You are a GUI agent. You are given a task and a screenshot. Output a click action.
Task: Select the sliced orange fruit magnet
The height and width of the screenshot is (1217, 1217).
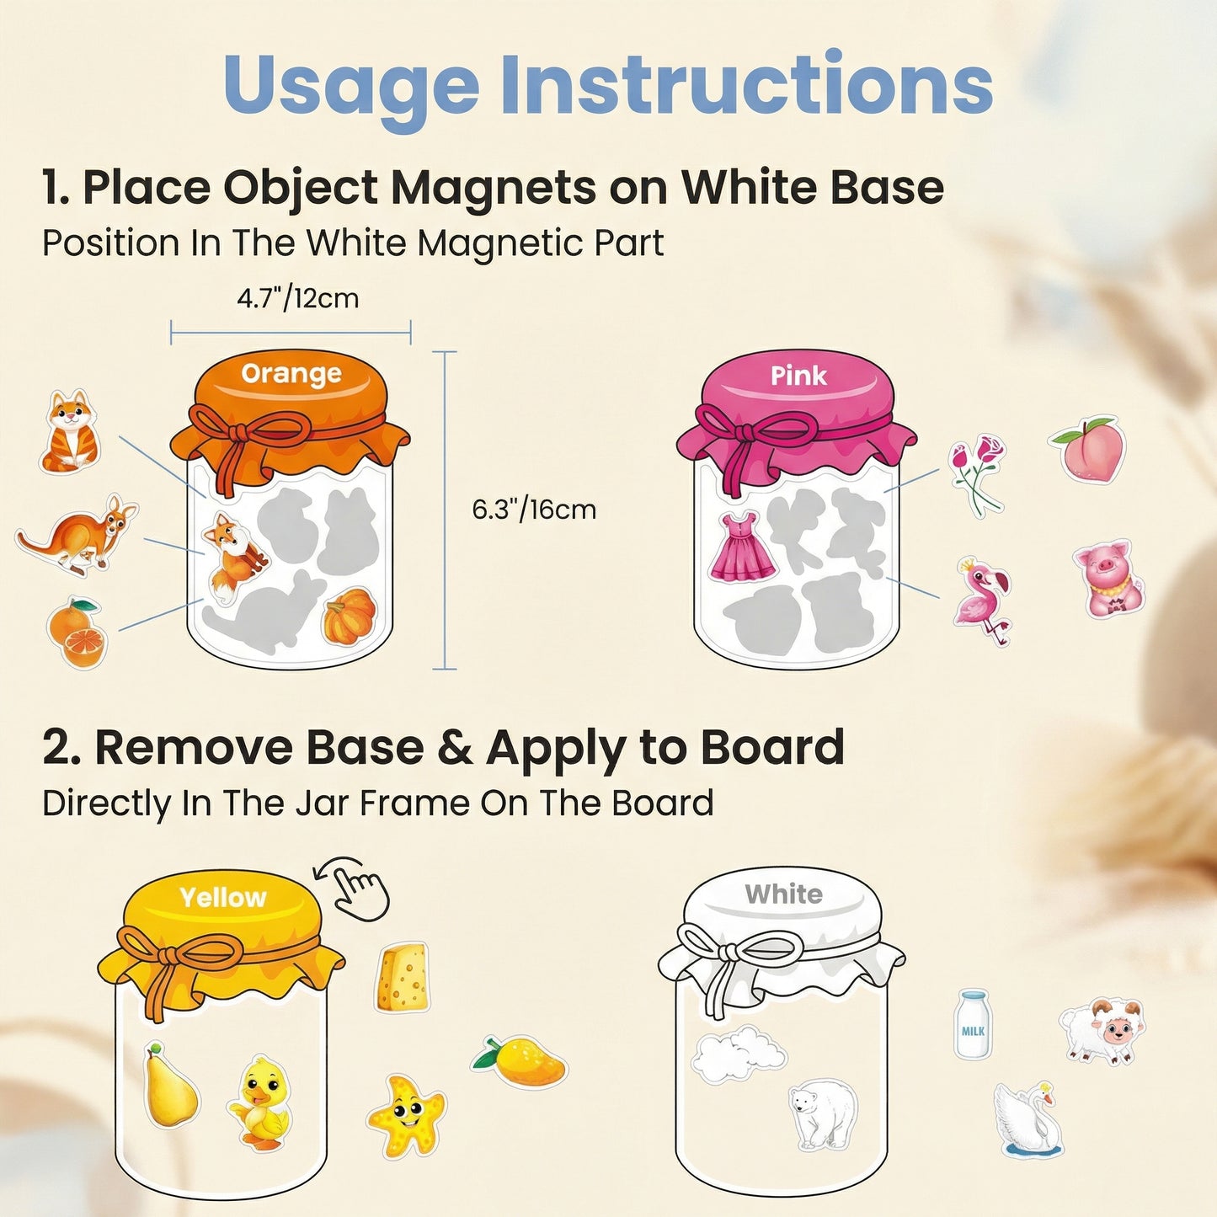coord(77,633)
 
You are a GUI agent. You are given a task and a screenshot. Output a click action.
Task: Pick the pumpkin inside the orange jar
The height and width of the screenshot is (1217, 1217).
coord(350,617)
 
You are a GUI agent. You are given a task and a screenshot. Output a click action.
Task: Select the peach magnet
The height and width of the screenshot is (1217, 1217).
coord(1088,449)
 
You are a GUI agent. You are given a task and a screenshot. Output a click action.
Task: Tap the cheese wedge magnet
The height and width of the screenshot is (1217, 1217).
coord(403,977)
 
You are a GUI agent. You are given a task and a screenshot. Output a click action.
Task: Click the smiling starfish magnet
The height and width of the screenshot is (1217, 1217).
coord(406,1114)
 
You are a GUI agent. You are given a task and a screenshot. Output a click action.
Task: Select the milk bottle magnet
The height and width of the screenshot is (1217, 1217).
coord(973,1023)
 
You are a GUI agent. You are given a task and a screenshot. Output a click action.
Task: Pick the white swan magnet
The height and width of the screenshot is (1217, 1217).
coord(1029,1119)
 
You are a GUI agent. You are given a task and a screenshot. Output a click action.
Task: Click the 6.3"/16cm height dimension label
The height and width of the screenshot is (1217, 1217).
coord(533,510)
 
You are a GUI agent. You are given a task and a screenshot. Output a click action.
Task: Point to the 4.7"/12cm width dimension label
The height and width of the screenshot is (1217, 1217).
coord(297,298)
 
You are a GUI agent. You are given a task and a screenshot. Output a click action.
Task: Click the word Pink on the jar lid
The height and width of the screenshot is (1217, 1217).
coord(798,376)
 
